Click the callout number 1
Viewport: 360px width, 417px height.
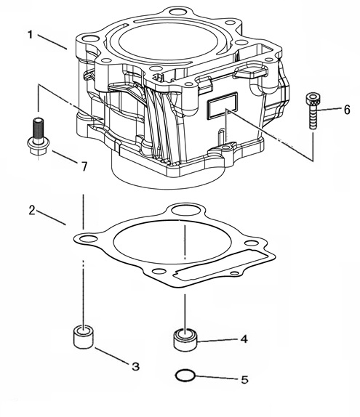[31, 35]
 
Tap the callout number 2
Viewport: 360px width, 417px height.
[32, 211]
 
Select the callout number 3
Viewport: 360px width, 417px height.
[136, 366]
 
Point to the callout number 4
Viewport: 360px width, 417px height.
[244, 339]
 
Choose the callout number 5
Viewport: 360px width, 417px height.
[244, 380]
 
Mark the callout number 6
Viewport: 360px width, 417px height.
[347, 110]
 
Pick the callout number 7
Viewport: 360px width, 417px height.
[84, 167]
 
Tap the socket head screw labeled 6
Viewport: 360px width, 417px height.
[313, 110]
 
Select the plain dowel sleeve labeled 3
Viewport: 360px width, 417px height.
[84, 336]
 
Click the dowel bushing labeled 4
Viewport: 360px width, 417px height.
[185, 339]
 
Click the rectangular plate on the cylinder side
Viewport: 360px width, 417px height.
[222, 105]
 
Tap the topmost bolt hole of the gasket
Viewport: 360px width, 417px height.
[186, 209]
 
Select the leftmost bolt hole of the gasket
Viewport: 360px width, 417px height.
[89, 238]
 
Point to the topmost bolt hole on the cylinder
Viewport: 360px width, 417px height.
[178, 12]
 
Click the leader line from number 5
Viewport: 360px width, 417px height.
[217, 377]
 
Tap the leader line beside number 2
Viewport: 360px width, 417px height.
[51, 218]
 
